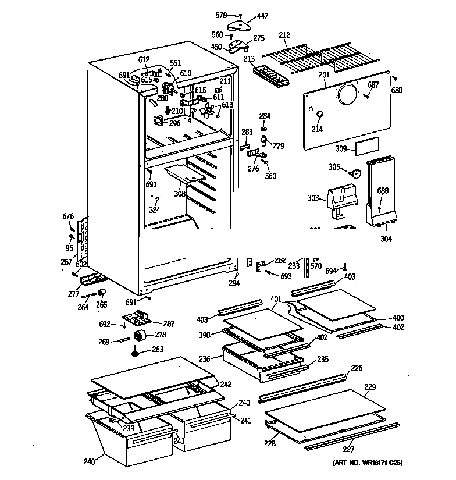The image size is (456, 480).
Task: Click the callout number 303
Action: point(313,198)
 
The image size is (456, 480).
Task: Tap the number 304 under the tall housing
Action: point(386,239)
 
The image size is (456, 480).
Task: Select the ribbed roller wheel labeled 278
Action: point(140,336)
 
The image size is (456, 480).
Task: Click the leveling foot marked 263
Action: point(136,351)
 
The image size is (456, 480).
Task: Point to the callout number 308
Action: point(180,194)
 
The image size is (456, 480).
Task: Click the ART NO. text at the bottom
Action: point(368,463)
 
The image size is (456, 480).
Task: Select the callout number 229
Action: point(370,386)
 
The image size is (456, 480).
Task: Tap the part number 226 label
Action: point(356,368)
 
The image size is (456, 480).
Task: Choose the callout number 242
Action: point(226,385)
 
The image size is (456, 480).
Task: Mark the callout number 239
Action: point(128,428)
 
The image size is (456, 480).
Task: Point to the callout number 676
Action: point(68,217)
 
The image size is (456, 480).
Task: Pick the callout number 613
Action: point(227,105)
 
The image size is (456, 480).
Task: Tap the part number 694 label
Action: point(330,271)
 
